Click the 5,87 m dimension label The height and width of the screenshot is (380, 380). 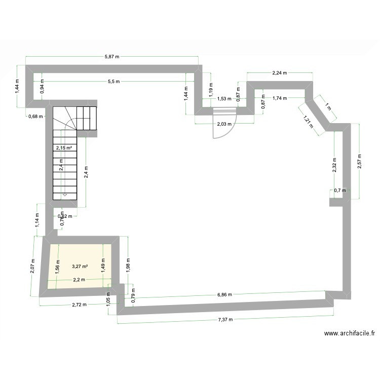coord(112,57)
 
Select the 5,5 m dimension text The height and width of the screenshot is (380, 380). coord(114,81)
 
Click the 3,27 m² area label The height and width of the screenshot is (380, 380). coord(80,267)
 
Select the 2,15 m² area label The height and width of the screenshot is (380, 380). coord(64,147)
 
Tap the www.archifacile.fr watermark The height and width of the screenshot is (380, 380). coord(350,333)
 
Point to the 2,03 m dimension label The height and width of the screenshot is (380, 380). coord(224,124)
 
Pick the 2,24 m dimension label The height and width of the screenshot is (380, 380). coord(280,73)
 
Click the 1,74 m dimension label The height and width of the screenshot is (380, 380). coord(280,98)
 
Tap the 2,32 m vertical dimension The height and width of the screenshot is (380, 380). coord(334,165)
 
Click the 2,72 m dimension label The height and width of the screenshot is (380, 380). coord(79,305)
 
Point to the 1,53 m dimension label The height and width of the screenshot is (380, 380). coord(224,99)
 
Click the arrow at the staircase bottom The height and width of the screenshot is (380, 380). coord(65,194)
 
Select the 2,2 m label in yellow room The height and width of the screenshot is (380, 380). coord(79,280)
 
